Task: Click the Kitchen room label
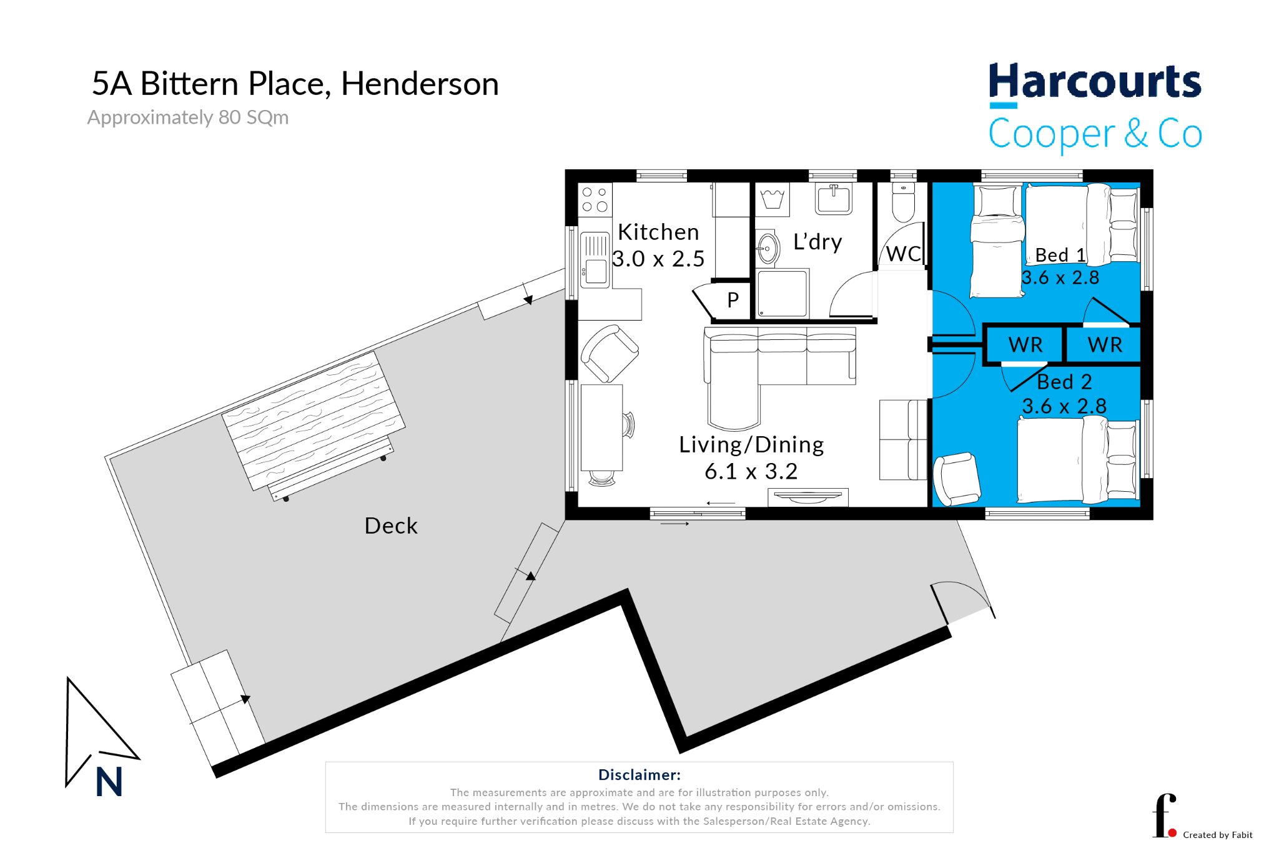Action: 658,232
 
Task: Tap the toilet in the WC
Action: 903,202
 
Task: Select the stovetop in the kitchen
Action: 595,199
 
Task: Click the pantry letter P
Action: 733,300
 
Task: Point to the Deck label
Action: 391,526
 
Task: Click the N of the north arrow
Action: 109,782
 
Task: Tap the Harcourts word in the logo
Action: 1095,81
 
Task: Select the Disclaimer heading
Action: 639,775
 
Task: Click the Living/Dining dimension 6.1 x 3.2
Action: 751,471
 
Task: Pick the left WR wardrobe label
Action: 1025,345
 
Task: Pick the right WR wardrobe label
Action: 1105,345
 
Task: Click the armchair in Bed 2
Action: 956,478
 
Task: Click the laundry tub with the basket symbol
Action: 773,199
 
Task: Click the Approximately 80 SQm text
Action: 188,117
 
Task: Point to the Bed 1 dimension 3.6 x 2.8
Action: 1060,277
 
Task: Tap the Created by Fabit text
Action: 1218,835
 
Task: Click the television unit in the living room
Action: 807,497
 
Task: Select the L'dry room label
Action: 817,242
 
